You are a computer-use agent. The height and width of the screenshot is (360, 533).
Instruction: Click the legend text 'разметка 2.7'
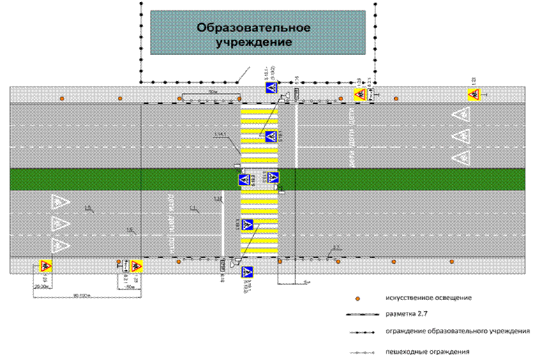coord(407,314)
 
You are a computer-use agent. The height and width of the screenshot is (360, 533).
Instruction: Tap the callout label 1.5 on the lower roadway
coord(88,208)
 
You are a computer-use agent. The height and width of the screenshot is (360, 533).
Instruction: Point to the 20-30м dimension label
coord(41,286)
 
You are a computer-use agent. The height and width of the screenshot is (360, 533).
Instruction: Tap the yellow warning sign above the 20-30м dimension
coord(44,265)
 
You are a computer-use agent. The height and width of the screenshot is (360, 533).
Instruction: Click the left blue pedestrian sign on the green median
coord(244,179)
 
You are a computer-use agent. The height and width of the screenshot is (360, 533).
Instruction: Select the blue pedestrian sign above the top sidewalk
coord(270,88)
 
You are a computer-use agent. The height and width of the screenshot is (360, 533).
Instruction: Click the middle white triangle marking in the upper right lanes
coord(460,135)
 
